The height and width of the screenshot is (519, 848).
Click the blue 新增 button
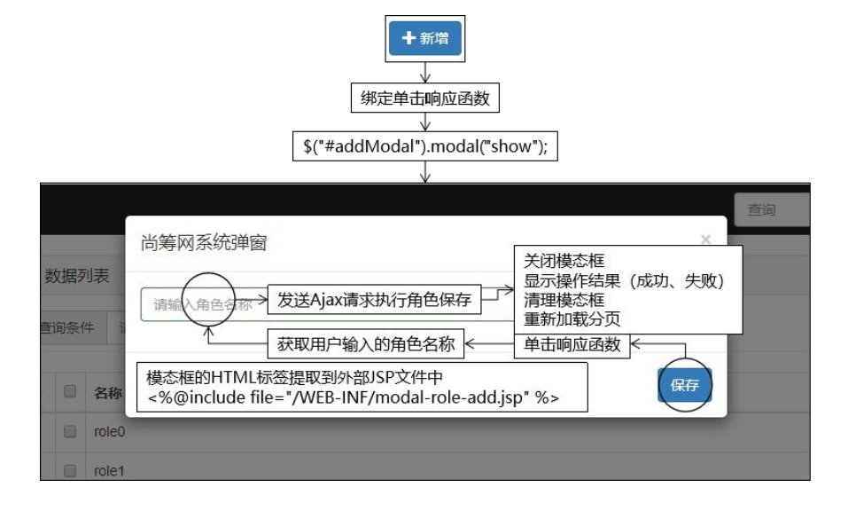[424, 38]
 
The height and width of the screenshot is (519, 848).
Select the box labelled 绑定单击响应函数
[424, 98]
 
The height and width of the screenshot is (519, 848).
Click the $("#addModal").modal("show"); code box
[425, 146]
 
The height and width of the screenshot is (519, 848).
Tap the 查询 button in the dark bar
[763, 210]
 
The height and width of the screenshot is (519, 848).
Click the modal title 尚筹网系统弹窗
[204, 242]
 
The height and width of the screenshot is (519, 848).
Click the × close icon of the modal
[705, 240]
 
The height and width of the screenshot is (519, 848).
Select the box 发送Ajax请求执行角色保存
[374, 300]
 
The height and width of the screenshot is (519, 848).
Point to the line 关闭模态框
[564, 261]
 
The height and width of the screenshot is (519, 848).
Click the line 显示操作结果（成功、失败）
[624, 280]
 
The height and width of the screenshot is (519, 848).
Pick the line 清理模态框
[564, 300]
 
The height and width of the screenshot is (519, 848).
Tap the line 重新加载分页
[572, 318]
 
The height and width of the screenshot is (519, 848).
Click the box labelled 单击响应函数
[572, 344]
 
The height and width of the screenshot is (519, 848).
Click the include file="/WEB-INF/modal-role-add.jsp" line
[354, 397]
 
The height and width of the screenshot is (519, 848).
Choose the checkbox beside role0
[69, 431]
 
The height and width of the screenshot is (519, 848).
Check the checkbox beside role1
[69, 470]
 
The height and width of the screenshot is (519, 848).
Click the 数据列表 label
[77, 277]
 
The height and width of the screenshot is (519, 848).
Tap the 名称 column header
[107, 393]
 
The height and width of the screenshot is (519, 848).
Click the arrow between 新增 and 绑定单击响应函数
[425, 72]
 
